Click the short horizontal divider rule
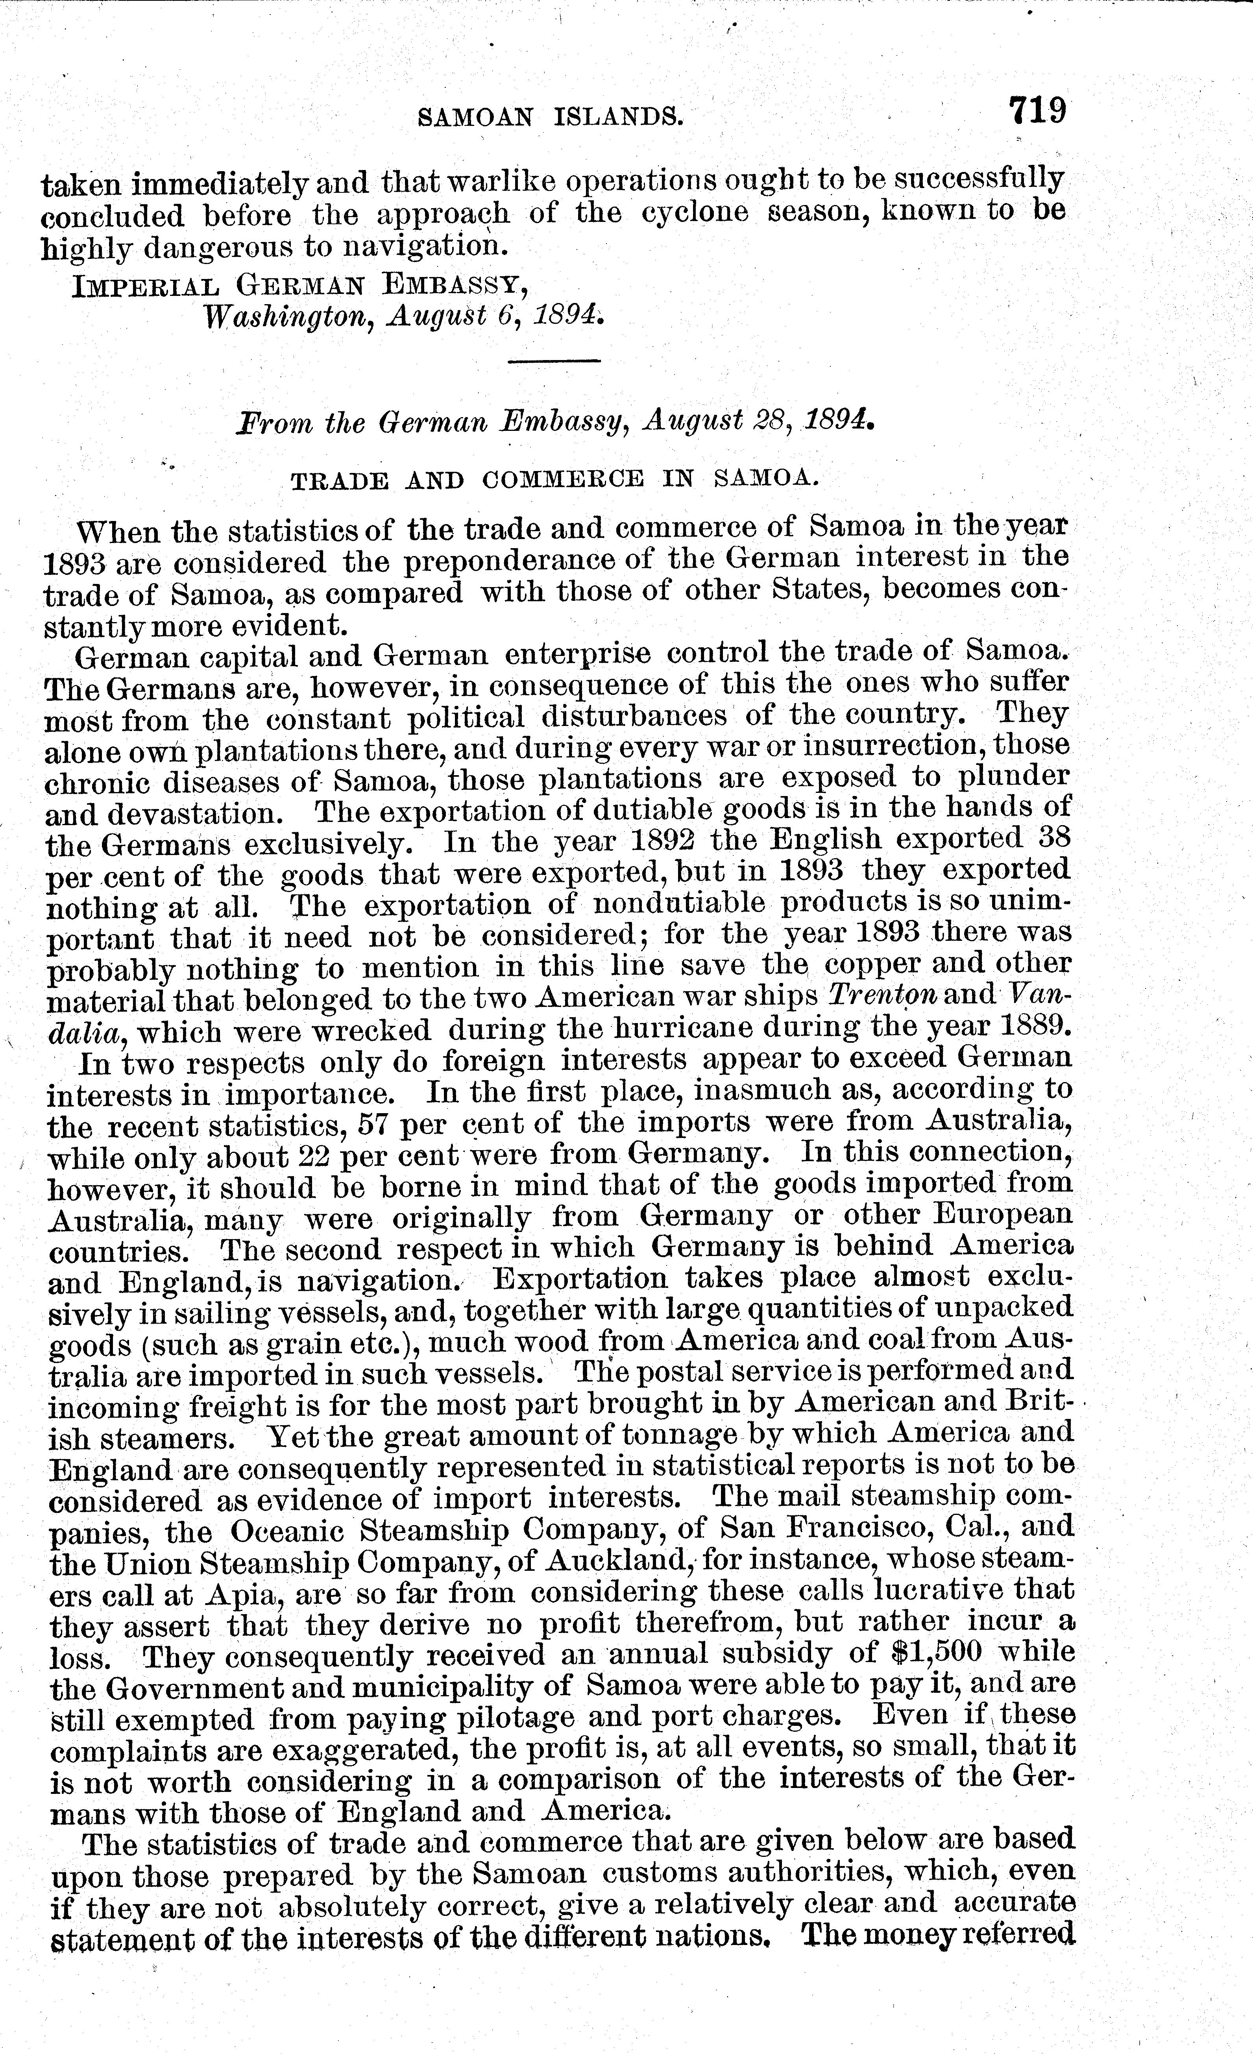554,360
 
